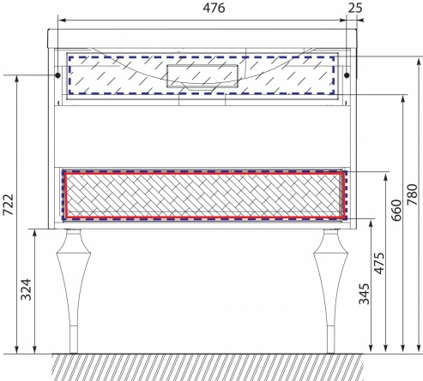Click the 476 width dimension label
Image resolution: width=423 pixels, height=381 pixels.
pyautogui.click(x=214, y=8)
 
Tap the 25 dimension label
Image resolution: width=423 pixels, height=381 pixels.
pyautogui.click(x=355, y=8)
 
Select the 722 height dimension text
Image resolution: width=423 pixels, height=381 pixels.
pyautogui.click(x=8, y=205)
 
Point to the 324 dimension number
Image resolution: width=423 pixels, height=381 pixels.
pyautogui.click(x=26, y=289)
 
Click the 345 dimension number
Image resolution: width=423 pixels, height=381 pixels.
pyautogui.click(x=364, y=294)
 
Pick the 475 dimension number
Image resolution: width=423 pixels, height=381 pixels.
pyautogui.click(x=379, y=263)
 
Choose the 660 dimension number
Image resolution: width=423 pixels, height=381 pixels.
pyautogui.click(x=396, y=211)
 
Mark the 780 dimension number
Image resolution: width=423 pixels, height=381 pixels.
pyautogui.click(x=413, y=194)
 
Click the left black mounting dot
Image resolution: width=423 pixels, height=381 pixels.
pyautogui.click(x=57, y=75)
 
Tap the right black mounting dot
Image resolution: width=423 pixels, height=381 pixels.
pyautogui.click(x=347, y=75)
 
